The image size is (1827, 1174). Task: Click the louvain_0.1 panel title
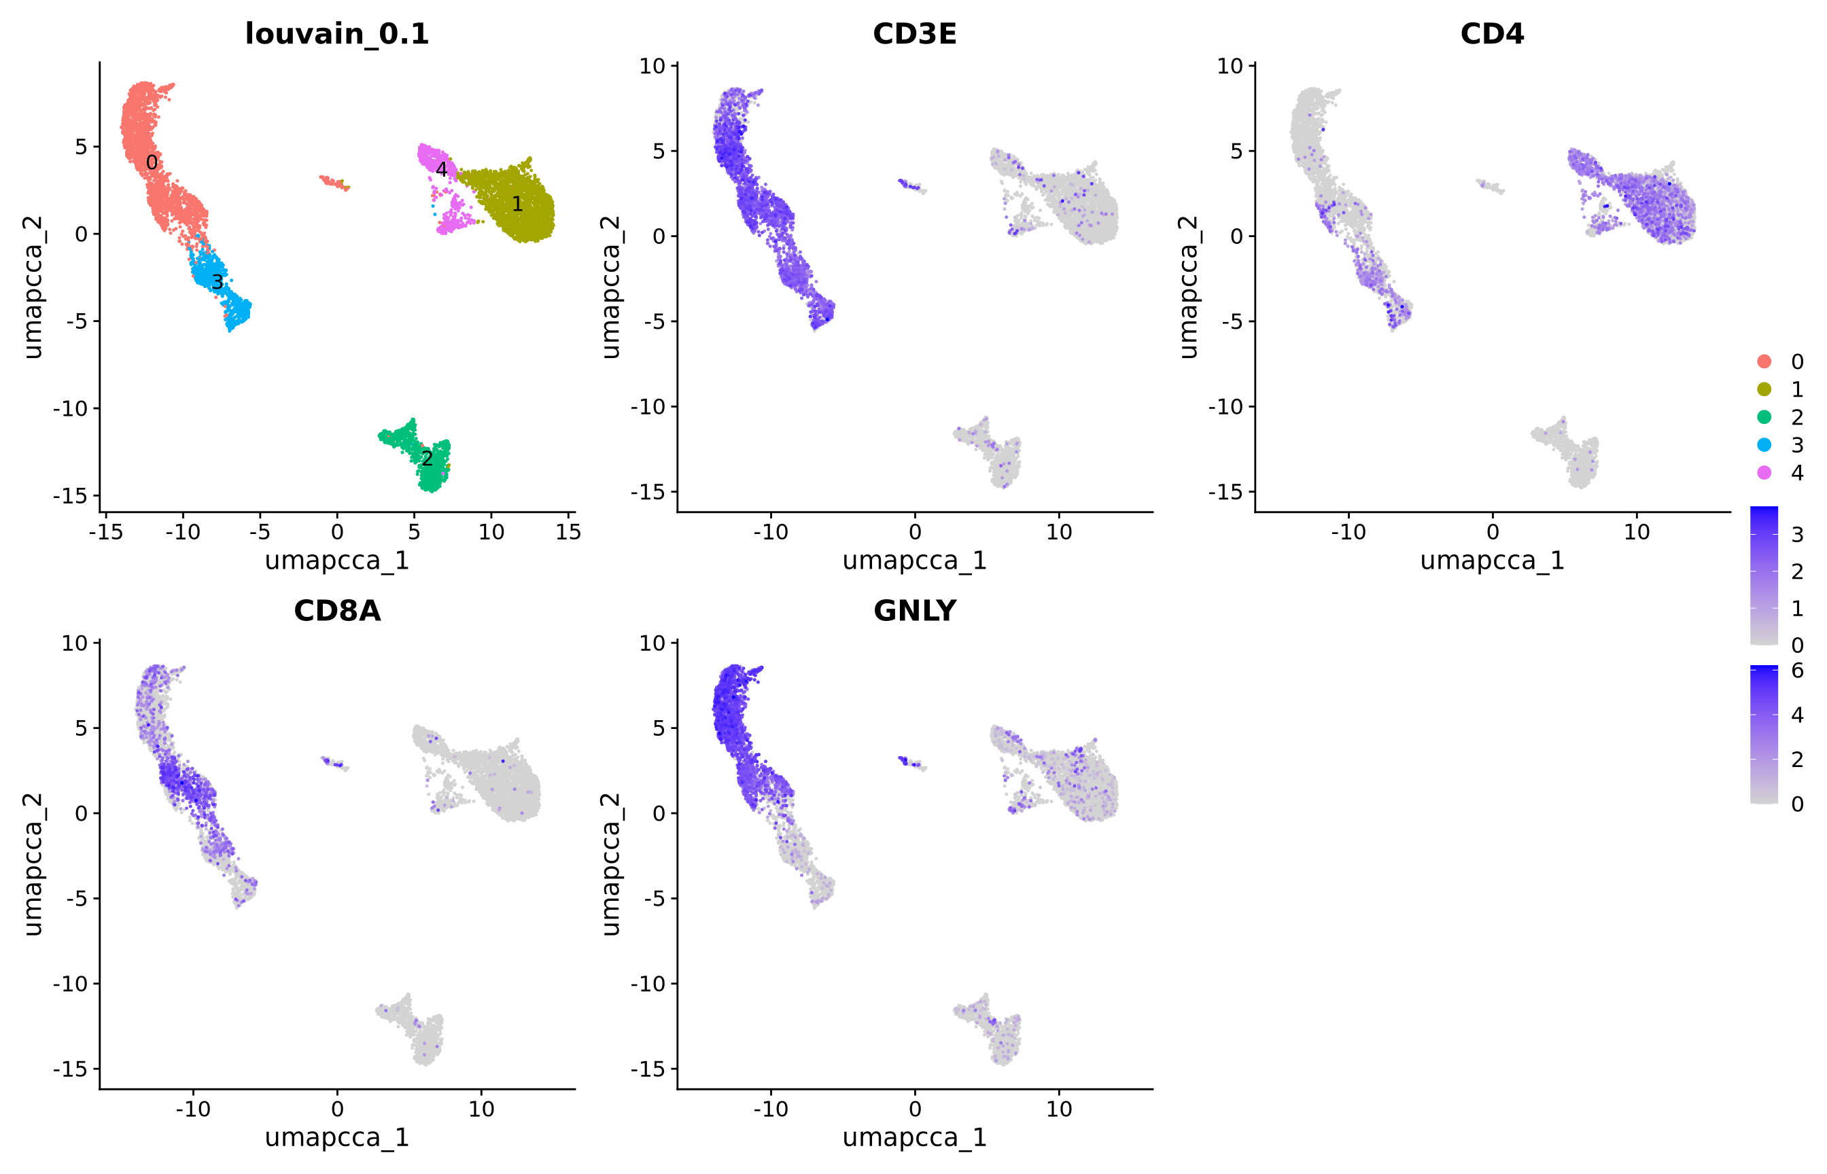pyautogui.click(x=337, y=33)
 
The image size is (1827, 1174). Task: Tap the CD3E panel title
pyautogui.click(x=914, y=33)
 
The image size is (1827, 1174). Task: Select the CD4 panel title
pyautogui.click(x=1491, y=33)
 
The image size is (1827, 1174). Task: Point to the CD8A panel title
pyautogui.click(x=337, y=611)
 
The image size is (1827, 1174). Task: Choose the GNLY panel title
pyautogui.click(x=914, y=611)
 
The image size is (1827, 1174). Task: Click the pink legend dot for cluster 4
pyautogui.click(x=1764, y=473)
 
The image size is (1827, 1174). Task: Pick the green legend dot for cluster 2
pyautogui.click(x=1764, y=417)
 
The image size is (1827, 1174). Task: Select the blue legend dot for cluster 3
pyautogui.click(x=1764, y=445)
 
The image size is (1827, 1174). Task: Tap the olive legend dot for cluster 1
pyautogui.click(x=1764, y=389)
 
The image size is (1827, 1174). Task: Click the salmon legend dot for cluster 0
pyautogui.click(x=1764, y=361)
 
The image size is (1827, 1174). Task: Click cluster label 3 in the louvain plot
pyautogui.click(x=217, y=282)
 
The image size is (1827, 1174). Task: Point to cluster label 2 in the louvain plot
pyautogui.click(x=427, y=458)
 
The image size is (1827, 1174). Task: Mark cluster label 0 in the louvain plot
pyautogui.click(x=152, y=162)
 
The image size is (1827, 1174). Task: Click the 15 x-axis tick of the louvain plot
pyautogui.click(x=568, y=532)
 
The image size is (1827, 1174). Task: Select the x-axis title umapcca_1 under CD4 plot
pyautogui.click(x=1491, y=561)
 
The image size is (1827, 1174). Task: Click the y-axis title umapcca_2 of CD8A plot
pyautogui.click(x=32, y=864)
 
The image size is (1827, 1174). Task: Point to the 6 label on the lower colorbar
pyautogui.click(x=1797, y=671)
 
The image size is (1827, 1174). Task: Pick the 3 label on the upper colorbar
pyautogui.click(x=1797, y=535)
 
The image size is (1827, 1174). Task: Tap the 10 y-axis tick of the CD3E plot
pyautogui.click(x=652, y=67)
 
